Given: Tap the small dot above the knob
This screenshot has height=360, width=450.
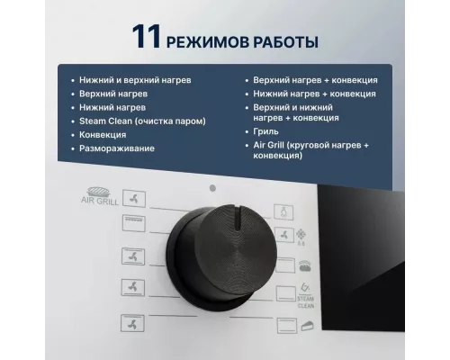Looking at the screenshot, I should point(211,189).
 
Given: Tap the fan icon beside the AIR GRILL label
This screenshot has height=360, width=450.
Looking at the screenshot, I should point(130,199).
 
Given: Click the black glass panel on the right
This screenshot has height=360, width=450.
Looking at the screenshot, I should point(387,261).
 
